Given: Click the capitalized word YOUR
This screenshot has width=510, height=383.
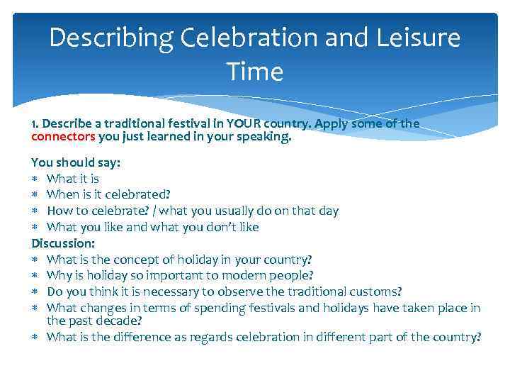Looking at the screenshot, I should coord(242,124).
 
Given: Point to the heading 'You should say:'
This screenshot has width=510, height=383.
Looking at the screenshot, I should coord(76,162).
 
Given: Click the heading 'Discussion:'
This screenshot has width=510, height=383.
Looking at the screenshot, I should coord(62,243).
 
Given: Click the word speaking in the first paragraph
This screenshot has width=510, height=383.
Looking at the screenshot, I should coord(266,137).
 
